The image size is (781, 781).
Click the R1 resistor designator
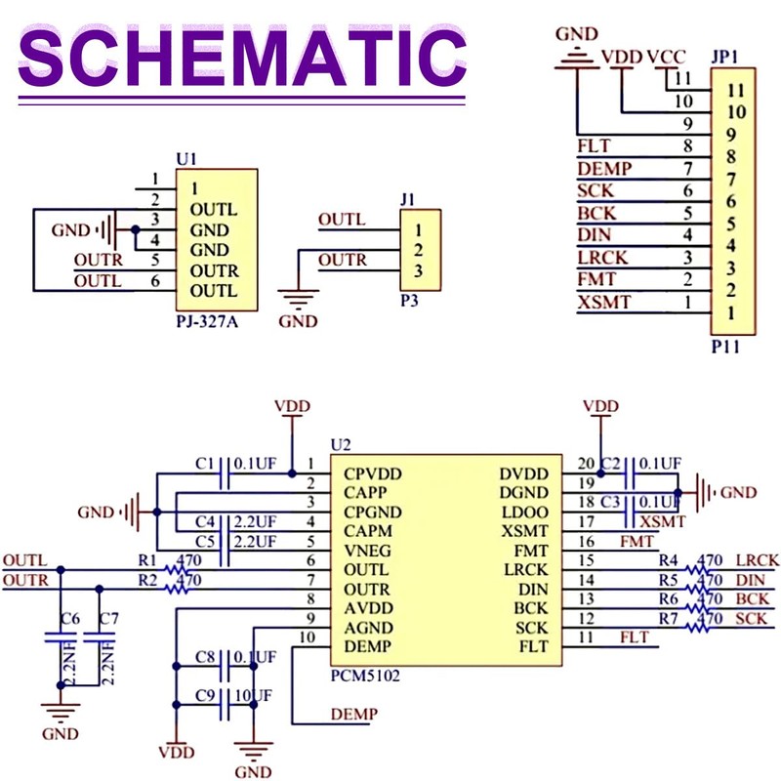pyautogui.click(x=147, y=560)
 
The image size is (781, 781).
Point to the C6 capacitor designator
pyautogui.click(x=69, y=620)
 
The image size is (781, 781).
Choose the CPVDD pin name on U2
pyautogui.click(x=373, y=473)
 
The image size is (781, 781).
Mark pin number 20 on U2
pyautogui.click(x=586, y=465)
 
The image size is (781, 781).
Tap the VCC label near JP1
pyautogui.click(x=667, y=57)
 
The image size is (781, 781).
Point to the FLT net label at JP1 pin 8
pyautogui.click(x=594, y=146)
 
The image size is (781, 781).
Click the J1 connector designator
pyautogui.click(x=409, y=200)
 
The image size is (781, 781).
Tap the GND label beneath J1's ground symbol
pyautogui.click(x=298, y=320)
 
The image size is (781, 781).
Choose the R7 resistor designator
pyautogui.click(x=669, y=619)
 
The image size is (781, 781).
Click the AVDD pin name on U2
pyautogui.click(x=367, y=608)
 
